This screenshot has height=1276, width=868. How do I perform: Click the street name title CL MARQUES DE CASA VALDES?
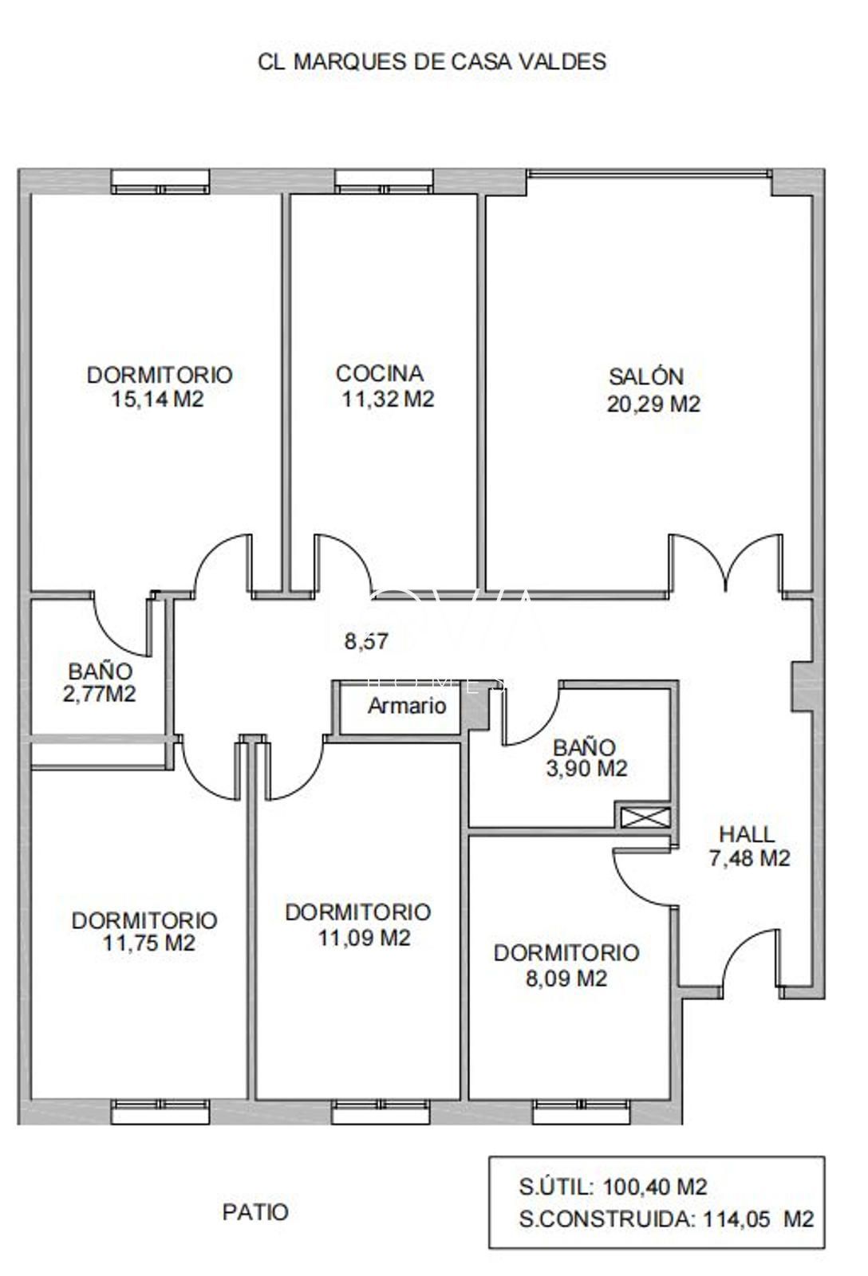[x=432, y=61]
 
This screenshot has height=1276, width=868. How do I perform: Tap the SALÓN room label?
[x=646, y=376]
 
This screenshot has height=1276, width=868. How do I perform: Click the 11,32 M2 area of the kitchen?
[x=388, y=399]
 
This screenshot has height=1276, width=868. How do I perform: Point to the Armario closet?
[x=406, y=706]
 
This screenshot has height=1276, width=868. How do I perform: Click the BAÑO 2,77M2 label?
[x=100, y=683]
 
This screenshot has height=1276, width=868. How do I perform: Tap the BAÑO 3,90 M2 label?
[x=589, y=758]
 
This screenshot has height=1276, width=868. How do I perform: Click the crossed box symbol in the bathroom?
[x=643, y=817]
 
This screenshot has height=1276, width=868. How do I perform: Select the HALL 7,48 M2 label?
[x=748, y=846]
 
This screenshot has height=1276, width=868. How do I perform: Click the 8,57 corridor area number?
[x=366, y=641]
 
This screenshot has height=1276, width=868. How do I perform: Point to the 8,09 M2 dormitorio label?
[x=566, y=965]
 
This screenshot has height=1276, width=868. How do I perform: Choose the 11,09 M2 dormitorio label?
[x=357, y=924]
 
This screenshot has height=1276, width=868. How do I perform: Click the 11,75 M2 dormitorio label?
[x=144, y=931]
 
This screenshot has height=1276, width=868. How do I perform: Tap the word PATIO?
[x=255, y=1212]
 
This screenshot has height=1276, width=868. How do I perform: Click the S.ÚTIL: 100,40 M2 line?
[x=613, y=1187]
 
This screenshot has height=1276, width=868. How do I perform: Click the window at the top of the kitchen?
[x=384, y=182]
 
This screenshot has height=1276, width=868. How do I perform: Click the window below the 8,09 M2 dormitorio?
[x=582, y=1111]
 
